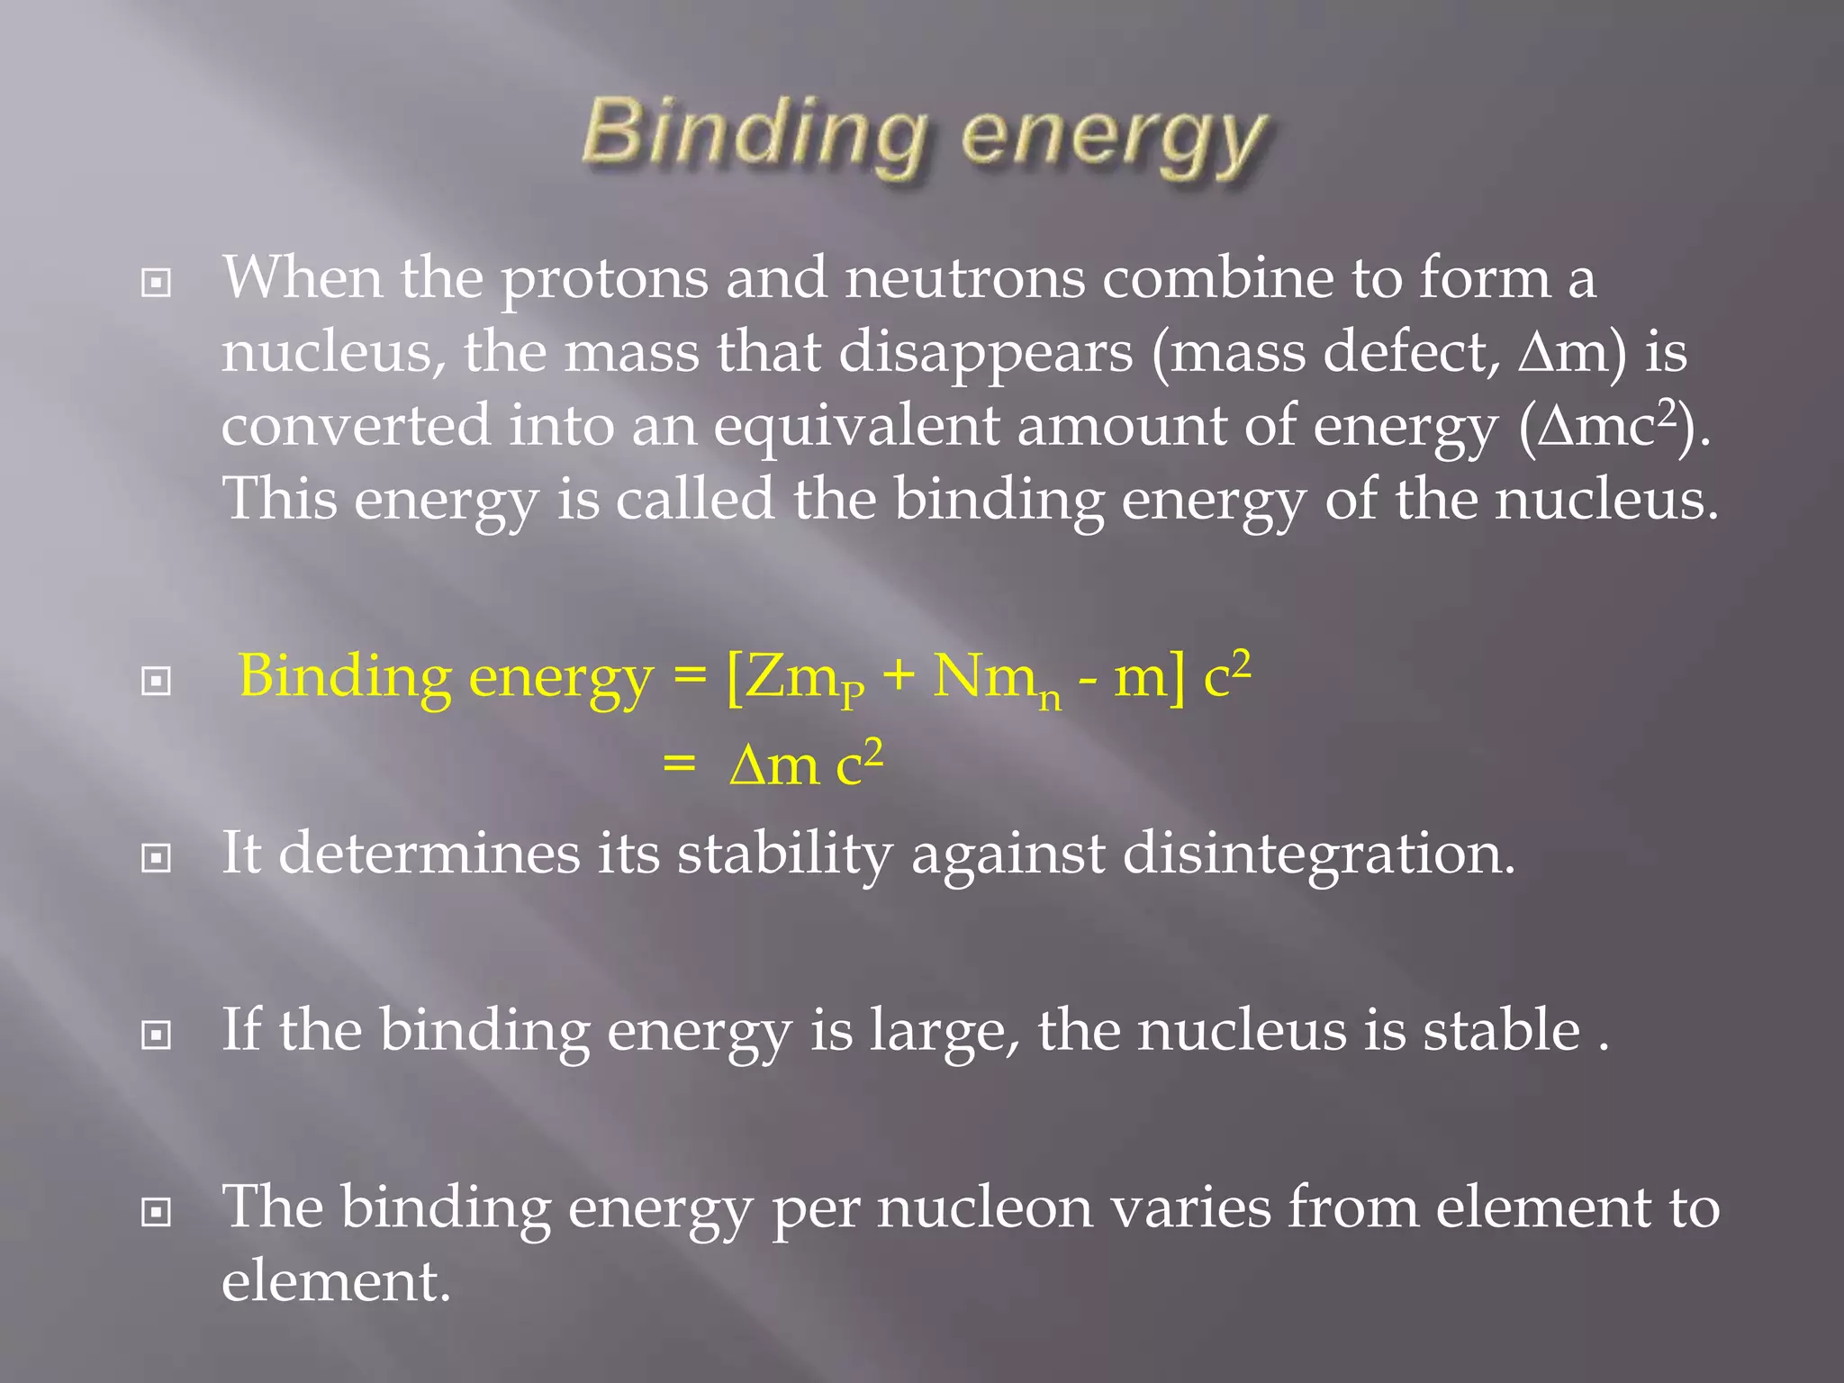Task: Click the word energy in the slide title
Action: (x=1115, y=140)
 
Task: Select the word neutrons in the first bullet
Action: (x=964, y=279)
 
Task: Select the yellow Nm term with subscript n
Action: (x=995, y=678)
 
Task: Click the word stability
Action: (x=783, y=854)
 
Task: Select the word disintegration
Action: (x=1318, y=854)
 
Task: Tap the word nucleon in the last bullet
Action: (x=985, y=1207)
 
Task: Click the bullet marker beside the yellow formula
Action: (x=157, y=682)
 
